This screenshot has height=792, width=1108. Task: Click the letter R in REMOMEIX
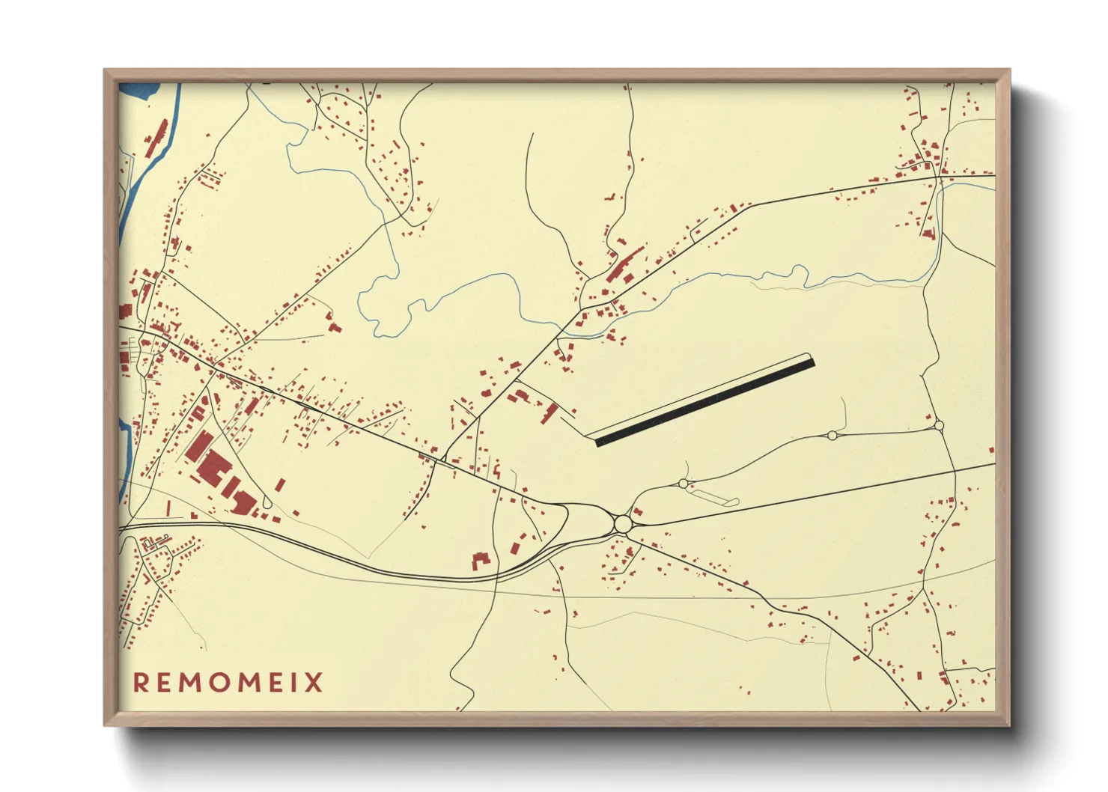[x=141, y=683]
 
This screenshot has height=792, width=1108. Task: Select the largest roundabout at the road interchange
[x=622, y=523]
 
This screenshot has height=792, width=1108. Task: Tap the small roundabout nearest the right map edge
[x=939, y=425]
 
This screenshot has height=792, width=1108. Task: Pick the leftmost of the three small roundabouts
[x=683, y=484]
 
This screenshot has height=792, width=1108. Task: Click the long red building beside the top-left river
[x=156, y=138]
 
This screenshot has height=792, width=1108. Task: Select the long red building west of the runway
[x=551, y=412]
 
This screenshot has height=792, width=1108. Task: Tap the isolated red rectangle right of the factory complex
[x=281, y=484]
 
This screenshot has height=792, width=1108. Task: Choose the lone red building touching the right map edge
[x=992, y=451]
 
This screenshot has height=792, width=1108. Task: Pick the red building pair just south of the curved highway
[x=480, y=561]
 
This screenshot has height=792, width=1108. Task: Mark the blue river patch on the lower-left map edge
[x=124, y=442]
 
